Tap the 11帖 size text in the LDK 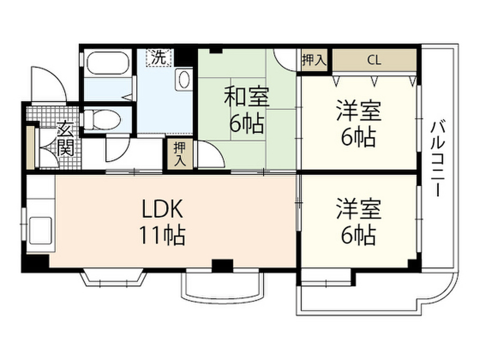161,235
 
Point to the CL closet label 374,60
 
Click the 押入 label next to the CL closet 314,60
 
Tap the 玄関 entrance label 65,139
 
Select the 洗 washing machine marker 160,58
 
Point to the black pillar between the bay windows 222,265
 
